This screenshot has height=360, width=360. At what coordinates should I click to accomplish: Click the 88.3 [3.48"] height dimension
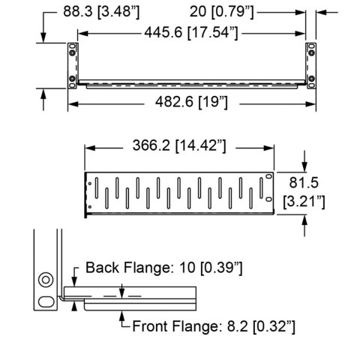point(101,12)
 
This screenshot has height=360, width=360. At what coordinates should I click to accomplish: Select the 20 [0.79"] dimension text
point(222,12)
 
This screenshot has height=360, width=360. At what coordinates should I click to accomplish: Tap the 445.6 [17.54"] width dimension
point(191,32)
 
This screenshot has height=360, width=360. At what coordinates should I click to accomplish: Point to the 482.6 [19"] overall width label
point(191,102)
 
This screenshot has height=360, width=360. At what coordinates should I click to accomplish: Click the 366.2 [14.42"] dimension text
point(179,145)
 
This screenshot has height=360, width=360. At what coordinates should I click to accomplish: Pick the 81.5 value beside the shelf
point(304,182)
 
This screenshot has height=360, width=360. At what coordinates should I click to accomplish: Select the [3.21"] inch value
point(304,201)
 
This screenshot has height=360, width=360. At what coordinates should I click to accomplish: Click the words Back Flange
point(127,268)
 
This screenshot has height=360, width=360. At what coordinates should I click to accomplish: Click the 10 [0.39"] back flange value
point(211,268)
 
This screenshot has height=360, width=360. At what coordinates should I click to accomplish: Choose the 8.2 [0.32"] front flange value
point(261,326)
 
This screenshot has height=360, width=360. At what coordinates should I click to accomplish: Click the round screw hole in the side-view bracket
point(46,280)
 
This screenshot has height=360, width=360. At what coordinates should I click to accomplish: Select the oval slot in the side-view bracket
point(46,301)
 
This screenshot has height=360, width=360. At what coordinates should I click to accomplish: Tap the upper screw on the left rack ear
point(72,53)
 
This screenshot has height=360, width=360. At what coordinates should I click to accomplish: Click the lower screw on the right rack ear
point(311,79)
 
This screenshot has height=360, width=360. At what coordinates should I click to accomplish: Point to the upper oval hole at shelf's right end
point(268,176)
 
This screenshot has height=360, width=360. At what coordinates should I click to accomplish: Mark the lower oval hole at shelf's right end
point(268,199)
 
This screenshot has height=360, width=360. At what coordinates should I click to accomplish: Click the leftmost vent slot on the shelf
point(97,187)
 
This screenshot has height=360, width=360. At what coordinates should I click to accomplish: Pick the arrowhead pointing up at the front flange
point(122,316)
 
